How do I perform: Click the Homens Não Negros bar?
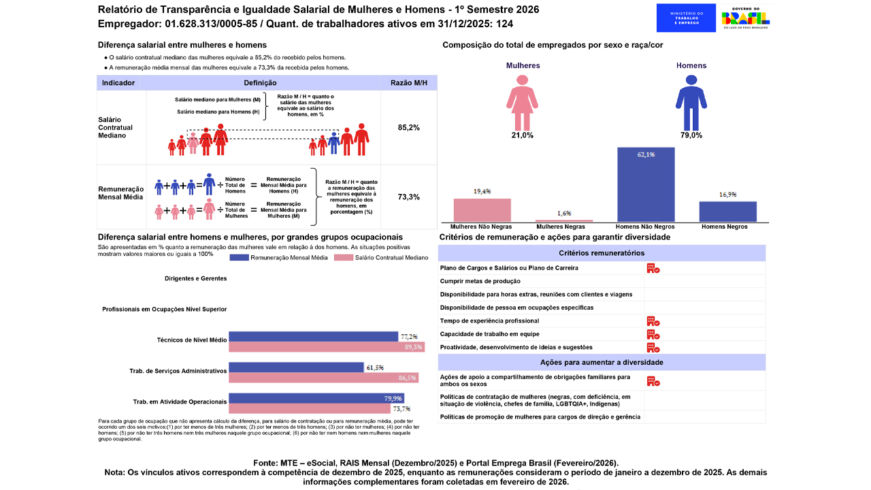[646, 184]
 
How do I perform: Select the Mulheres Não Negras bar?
[482, 210]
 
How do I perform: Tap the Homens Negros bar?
[727, 212]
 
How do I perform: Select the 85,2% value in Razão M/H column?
[408, 127]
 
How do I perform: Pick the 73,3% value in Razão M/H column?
[408, 197]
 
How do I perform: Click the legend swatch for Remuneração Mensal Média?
[240, 258]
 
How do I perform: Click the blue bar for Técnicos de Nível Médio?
[313, 336]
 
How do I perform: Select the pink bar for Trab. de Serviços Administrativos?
[323, 378]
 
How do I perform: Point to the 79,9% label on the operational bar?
[393, 399]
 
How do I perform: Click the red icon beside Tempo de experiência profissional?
[653, 321]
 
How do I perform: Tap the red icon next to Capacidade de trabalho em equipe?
[653, 334]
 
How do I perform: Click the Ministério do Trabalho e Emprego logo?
[686, 18]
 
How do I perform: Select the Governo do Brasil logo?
[746, 18]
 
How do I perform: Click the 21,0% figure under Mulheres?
[522, 135]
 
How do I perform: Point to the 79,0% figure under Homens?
[691, 135]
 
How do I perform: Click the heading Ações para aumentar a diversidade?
[602, 362]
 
